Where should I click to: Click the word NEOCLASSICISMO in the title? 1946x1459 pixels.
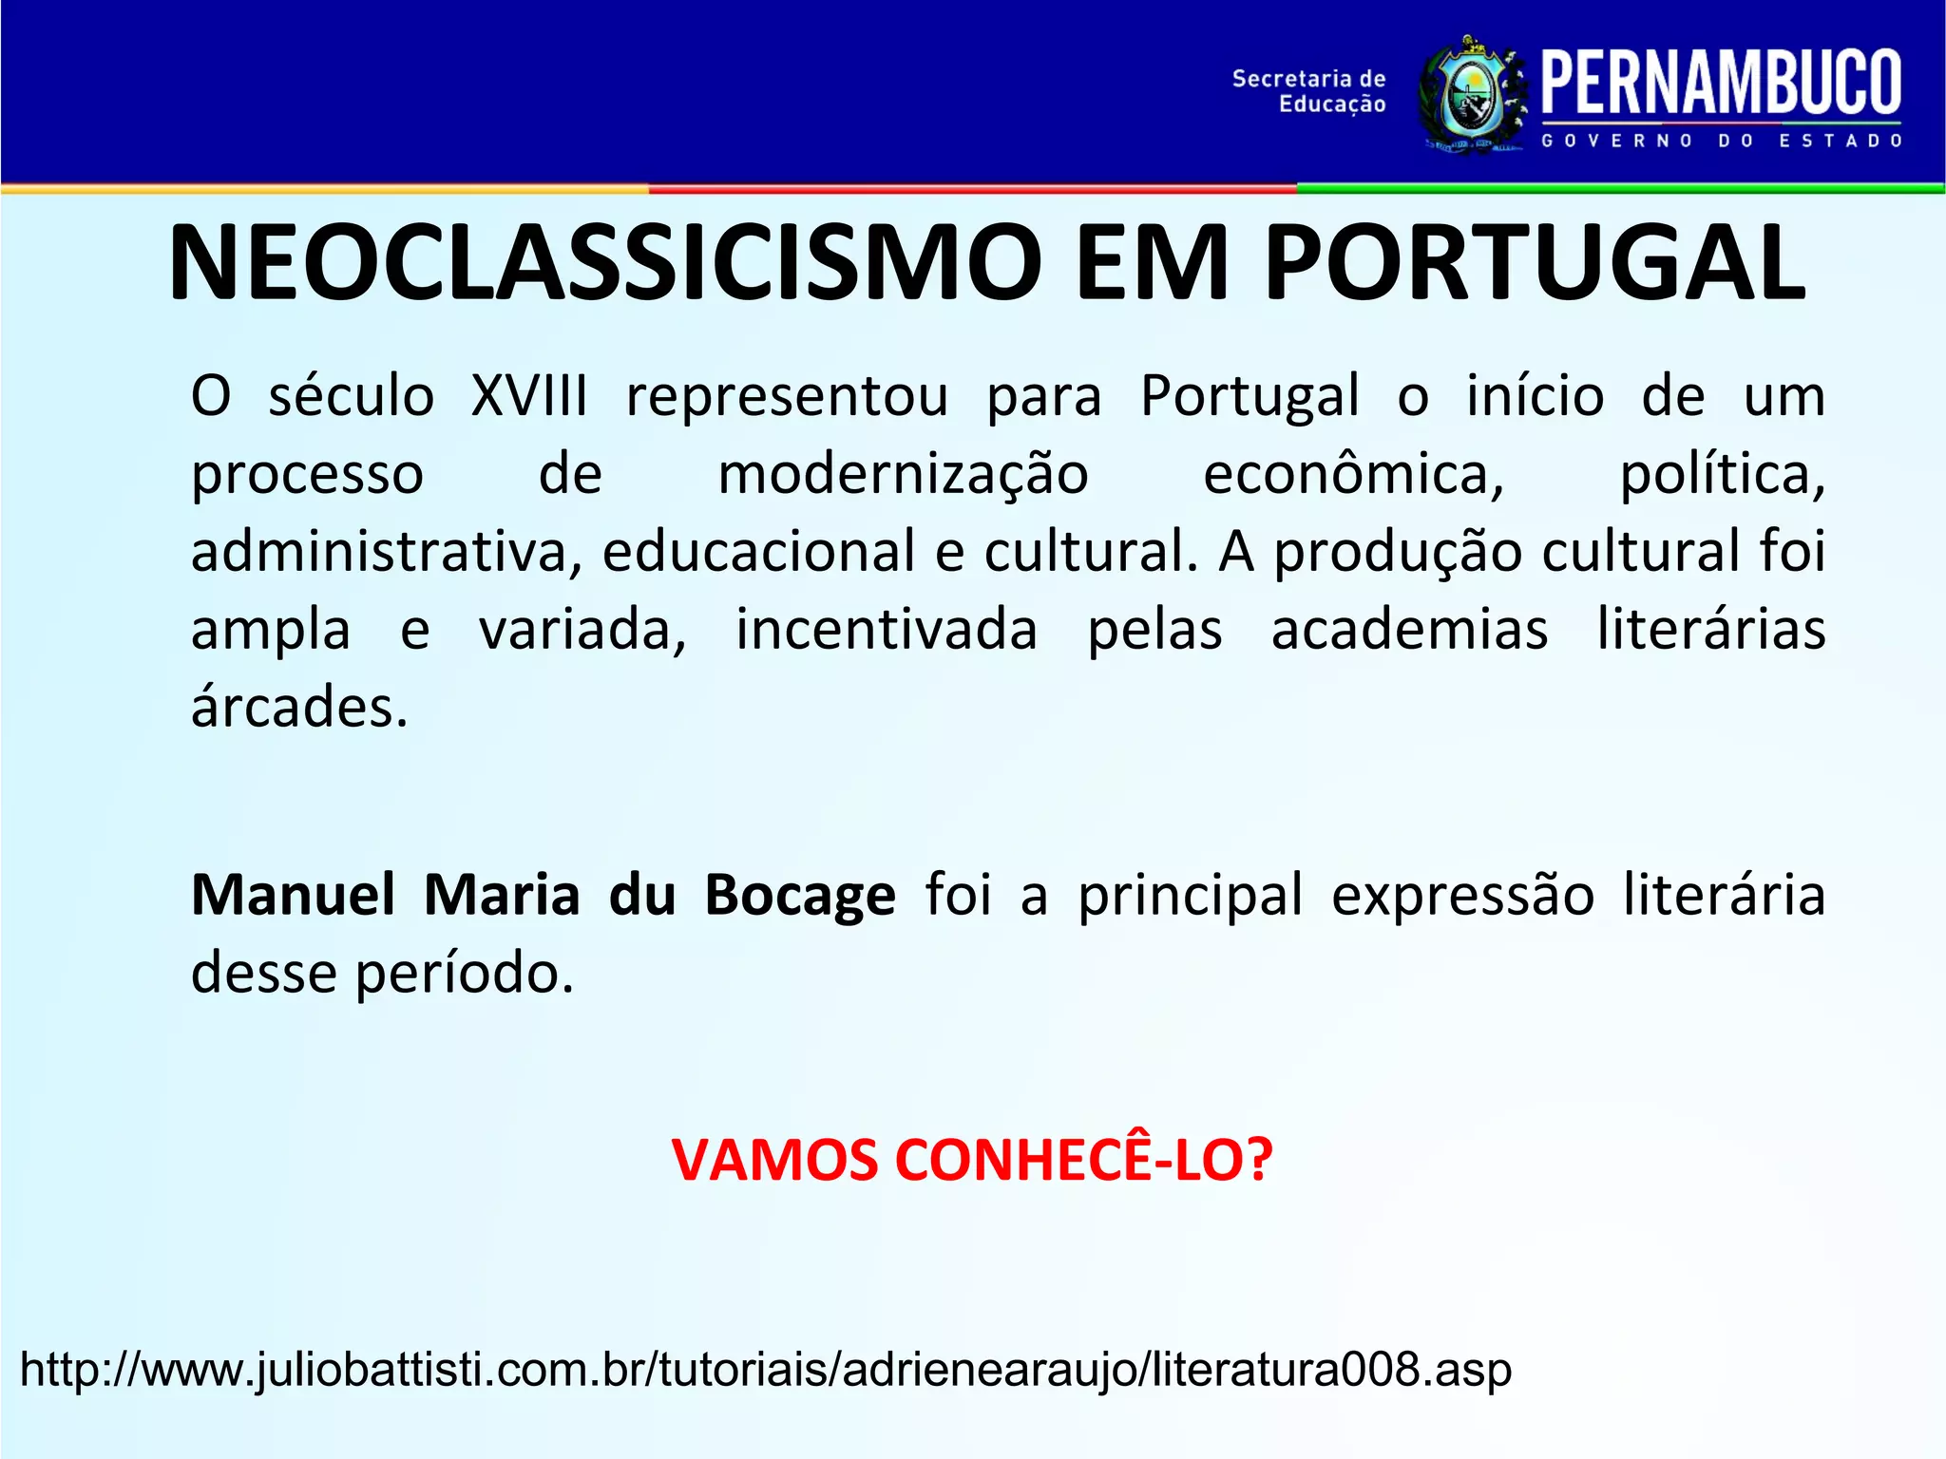click(604, 263)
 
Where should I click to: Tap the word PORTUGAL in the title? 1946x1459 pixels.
click(1534, 263)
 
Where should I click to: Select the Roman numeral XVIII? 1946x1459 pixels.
click(529, 395)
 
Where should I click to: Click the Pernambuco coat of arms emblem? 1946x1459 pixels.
click(1472, 96)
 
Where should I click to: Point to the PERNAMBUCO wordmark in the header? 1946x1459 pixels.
click(1721, 84)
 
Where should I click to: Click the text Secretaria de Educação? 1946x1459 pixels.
click(1308, 91)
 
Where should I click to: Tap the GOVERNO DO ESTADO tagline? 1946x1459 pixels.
click(1721, 141)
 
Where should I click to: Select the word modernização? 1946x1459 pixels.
click(903, 474)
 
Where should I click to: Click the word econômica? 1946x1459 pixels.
click(1353, 474)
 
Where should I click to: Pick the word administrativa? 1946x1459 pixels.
click(386, 552)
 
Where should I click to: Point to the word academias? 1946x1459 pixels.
click(1409, 630)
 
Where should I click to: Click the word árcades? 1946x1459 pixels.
click(299, 708)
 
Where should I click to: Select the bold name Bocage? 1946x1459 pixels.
click(800, 895)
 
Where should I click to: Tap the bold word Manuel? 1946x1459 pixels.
click(293, 895)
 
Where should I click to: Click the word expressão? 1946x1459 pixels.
click(1462, 895)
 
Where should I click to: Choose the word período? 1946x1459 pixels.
click(465, 973)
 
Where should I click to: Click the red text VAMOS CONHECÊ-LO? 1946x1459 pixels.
click(971, 1160)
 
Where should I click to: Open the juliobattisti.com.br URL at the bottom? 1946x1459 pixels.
click(766, 1370)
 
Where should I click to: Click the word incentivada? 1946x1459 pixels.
click(887, 630)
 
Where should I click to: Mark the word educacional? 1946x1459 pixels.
click(758, 552)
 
